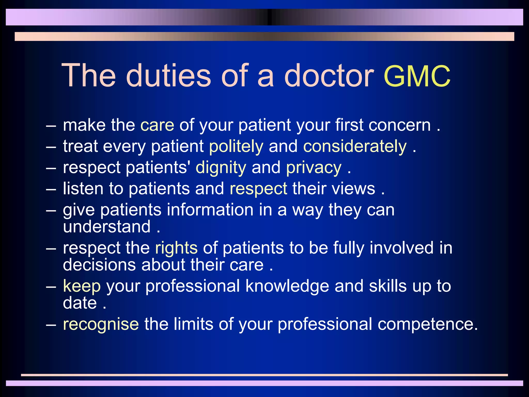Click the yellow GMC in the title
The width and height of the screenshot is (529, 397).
[x=417, y=76]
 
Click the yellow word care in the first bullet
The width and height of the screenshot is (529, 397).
[x=157, y=126]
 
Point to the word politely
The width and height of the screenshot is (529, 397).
[x=236, y=147]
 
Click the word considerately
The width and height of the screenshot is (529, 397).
[x=355, y=147]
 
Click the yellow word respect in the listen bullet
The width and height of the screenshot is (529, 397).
[x=258, y=189]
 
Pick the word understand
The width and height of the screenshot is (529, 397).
[x=107, y=227]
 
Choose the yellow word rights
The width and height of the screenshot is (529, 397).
[x=176, y=248]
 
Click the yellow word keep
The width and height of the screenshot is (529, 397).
[x=82, y=286]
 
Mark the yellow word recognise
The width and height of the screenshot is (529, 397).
[x=101, y=325]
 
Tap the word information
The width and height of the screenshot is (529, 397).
[x=210, y=210]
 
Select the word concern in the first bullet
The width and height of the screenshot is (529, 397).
[x=400, y=126]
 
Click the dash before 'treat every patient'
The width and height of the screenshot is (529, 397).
[x=51, y=147]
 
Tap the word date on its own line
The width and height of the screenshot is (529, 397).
[x=80, y=303]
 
